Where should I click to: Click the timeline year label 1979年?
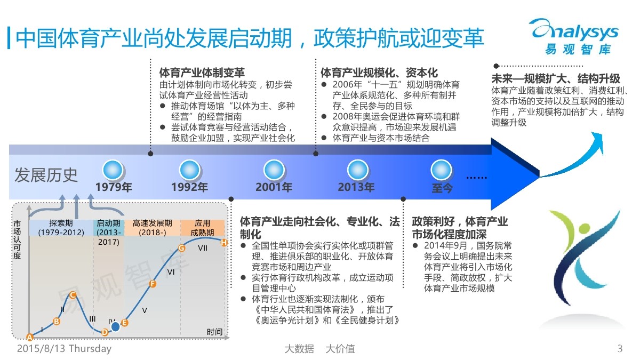114,187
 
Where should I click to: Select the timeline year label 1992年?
189,187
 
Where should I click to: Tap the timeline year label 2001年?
274,187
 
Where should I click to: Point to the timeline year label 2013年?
356,187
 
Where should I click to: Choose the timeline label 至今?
442,188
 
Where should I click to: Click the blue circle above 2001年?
274,170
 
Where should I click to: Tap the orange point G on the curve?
181,248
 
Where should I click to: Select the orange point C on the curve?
73,294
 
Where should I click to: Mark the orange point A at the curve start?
30,337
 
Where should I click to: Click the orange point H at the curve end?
224,243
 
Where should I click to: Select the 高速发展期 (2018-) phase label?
153,228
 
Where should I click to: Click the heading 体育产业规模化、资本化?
379,73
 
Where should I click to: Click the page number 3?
620,349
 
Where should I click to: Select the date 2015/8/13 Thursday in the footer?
65,349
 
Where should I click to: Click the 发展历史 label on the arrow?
46,175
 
